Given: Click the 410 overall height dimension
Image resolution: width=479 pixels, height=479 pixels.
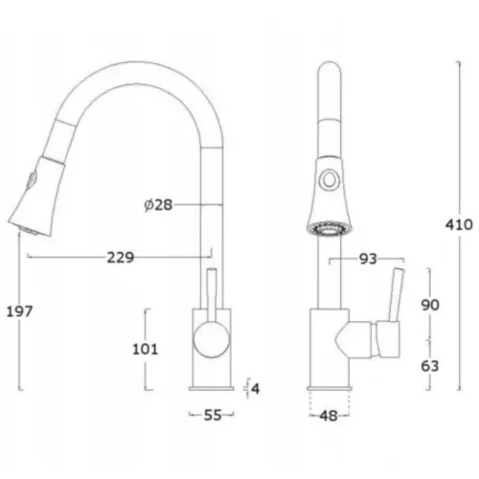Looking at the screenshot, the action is (x=459, y=225).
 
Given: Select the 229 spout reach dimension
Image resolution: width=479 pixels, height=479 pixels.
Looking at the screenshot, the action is (x=121, y=258).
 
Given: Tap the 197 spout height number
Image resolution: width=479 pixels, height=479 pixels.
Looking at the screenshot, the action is (x=20, y=311).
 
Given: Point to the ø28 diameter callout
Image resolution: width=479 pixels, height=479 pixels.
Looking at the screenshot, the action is (x=158, y=205).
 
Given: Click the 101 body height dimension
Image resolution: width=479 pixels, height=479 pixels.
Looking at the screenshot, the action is (x=146, y=349).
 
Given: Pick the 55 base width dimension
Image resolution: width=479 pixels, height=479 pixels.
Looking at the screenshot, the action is (x=213, y=415).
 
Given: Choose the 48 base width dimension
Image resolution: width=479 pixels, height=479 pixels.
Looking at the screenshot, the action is (x=329, y=416).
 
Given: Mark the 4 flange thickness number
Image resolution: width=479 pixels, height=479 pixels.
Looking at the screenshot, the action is (x=256, y=389).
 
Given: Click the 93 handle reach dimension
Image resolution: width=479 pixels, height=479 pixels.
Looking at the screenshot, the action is (x=368, y=260).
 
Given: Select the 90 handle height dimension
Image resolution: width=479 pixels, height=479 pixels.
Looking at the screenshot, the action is (x=430, y=306).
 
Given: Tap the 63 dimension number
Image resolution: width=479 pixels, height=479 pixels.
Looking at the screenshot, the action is (x=430, y=366).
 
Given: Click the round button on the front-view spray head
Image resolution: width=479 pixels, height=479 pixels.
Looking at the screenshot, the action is (x=329, y=180).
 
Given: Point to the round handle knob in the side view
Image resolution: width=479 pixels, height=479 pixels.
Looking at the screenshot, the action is (x=212, y=339).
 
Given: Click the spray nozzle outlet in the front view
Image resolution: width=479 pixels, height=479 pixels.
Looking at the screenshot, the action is (x=329, y=230).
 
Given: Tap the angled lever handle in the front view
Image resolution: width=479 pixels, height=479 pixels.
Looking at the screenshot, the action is (x=395, y=295).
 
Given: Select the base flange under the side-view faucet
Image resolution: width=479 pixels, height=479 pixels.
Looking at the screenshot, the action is (x=212, y=389).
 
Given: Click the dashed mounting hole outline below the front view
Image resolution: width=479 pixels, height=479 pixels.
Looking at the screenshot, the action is (x=330, y=403).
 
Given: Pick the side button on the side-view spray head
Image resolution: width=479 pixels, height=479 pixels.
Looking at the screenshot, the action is (x=33, y=180).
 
